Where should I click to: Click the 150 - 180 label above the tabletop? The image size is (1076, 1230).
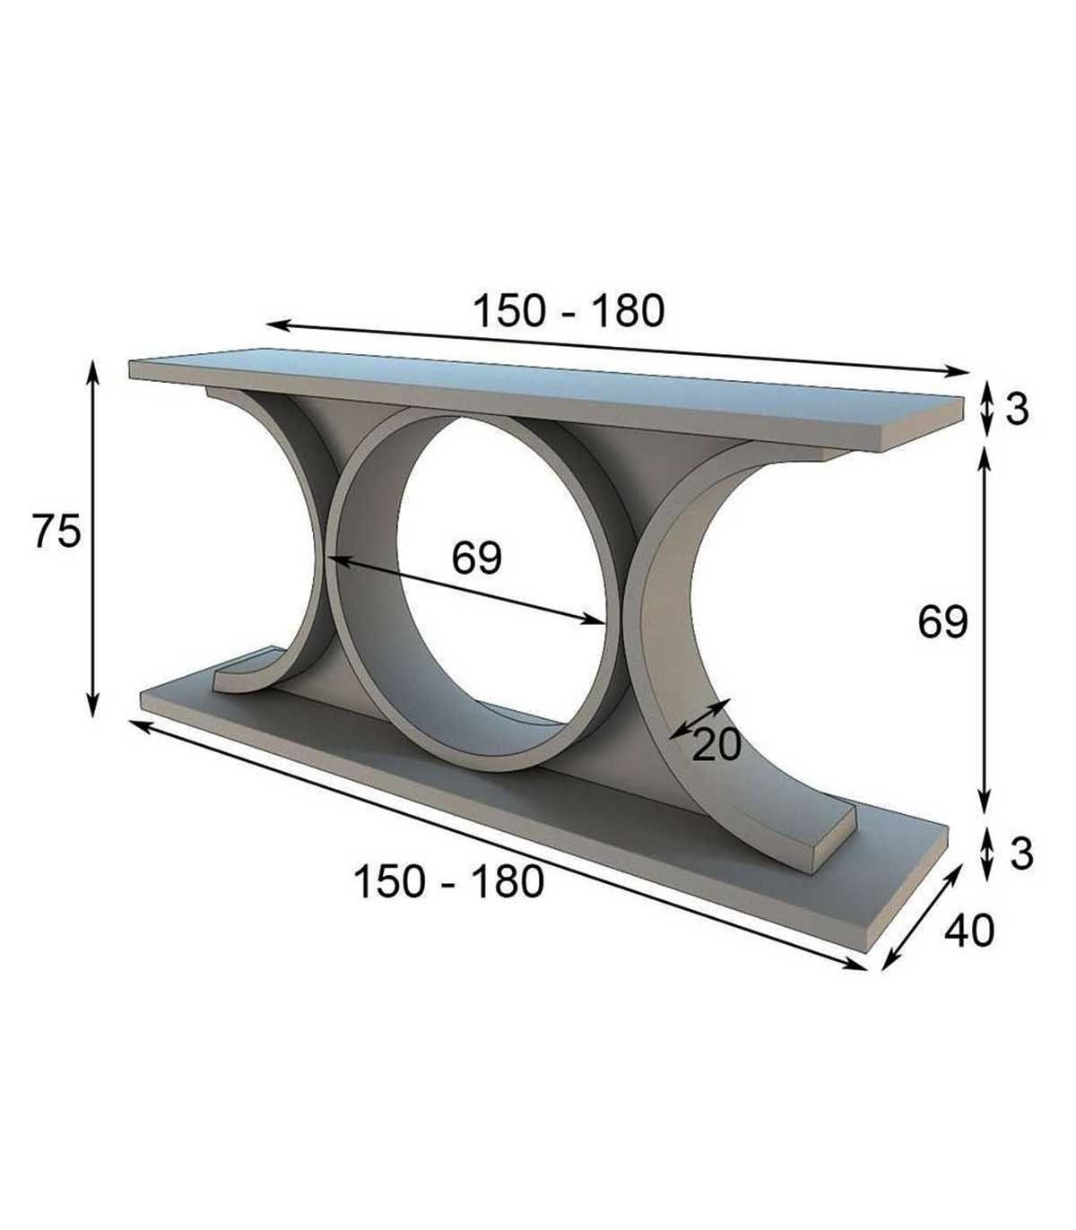tap(568, 311)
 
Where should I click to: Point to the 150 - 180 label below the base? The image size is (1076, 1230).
tap(449, 881)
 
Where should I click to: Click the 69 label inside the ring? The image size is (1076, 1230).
tap(477, 558)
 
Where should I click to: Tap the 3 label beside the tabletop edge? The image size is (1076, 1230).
tap(1017, 411)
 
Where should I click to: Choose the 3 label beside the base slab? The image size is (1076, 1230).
tap(1021, 853)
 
